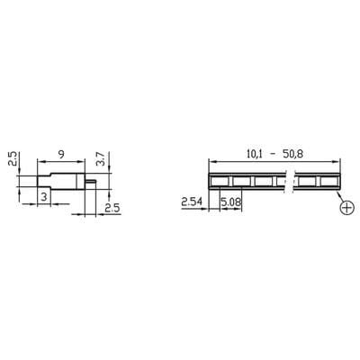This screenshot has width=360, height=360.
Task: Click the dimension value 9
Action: click(x=60, y=152)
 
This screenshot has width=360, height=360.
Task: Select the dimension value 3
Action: click(x=43, y=195)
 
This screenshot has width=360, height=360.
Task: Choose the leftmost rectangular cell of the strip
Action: click(x=219, y=180)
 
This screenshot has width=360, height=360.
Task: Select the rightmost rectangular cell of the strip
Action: click(x=330, y=180)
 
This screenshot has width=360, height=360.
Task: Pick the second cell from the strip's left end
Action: click(x=241, y=180)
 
